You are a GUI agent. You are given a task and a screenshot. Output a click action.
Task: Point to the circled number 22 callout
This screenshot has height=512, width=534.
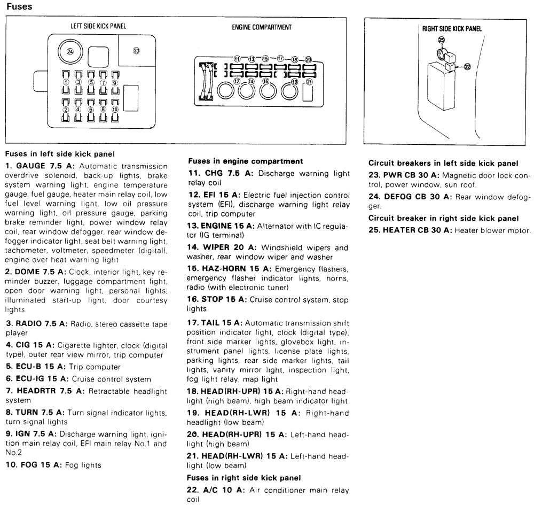click(x=468, y=67)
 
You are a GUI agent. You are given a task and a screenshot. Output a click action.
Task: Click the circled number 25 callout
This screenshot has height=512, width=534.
click(x=441, y=40)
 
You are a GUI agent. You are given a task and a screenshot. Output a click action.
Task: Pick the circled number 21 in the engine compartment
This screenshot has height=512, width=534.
click(x=309, y=82)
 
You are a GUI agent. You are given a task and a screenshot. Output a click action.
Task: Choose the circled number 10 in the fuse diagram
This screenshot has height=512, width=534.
click(x=115, y=109)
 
